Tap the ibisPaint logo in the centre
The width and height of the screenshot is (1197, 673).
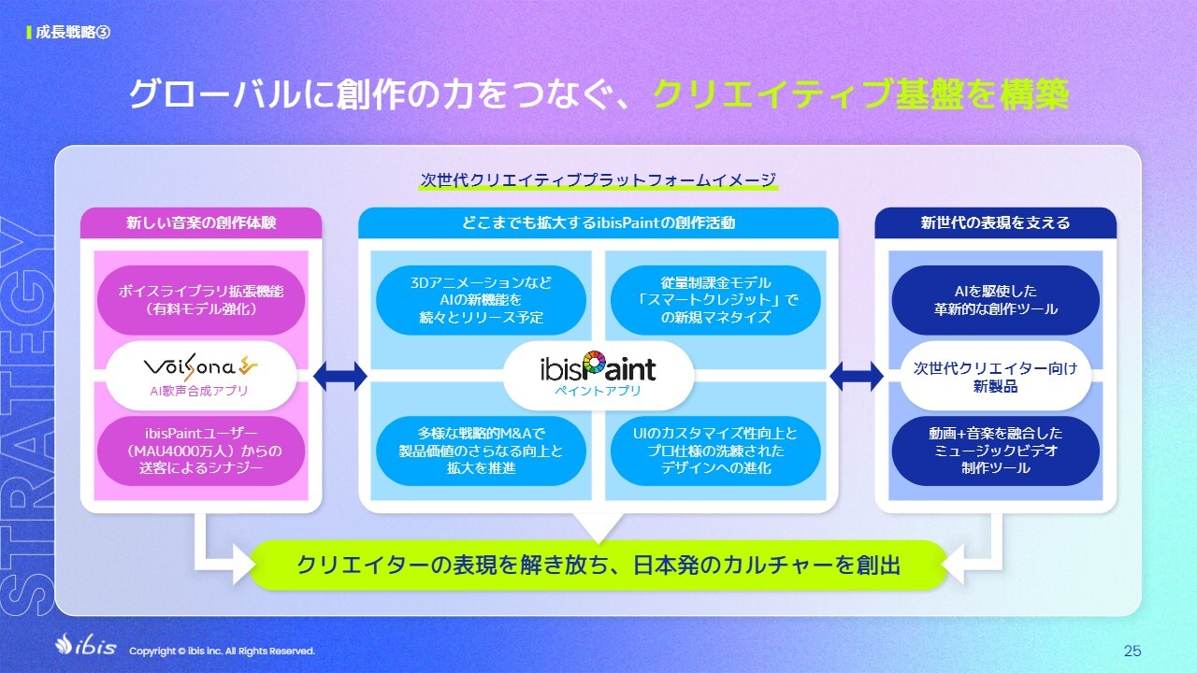[x=598, y=367]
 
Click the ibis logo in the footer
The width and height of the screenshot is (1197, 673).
[x=85, y=645]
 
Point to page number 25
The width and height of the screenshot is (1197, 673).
[x=1132, y=651]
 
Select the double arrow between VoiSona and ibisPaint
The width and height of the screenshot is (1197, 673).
[x=339, y=376]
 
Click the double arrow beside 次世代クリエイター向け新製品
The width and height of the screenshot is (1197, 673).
[x=856, y=376]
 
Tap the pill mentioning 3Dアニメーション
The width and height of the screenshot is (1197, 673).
[x=481, y=300]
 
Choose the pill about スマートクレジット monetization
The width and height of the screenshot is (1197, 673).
[x=715, y=300]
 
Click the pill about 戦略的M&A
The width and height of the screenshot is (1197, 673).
[x=481, y=451]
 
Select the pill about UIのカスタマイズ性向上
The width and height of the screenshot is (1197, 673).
[x=715, y=451]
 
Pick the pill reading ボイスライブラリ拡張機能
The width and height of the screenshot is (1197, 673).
[x=201, y=300]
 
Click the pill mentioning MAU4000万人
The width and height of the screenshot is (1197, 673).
[x=201, y=451]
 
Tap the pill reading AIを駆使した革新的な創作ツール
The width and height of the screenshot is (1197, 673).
[x=996, y=300]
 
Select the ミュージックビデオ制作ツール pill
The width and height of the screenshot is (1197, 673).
[x=996, y=451]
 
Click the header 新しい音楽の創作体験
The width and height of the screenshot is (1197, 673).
[x=201, y=222]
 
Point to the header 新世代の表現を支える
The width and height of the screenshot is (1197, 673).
[x=996, y=222]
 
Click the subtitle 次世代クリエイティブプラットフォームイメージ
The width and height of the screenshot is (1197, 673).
[x=598, y=180]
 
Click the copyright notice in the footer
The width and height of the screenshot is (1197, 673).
[x=223, y=652]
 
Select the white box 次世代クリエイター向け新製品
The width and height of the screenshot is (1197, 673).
[x=996, y=376]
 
